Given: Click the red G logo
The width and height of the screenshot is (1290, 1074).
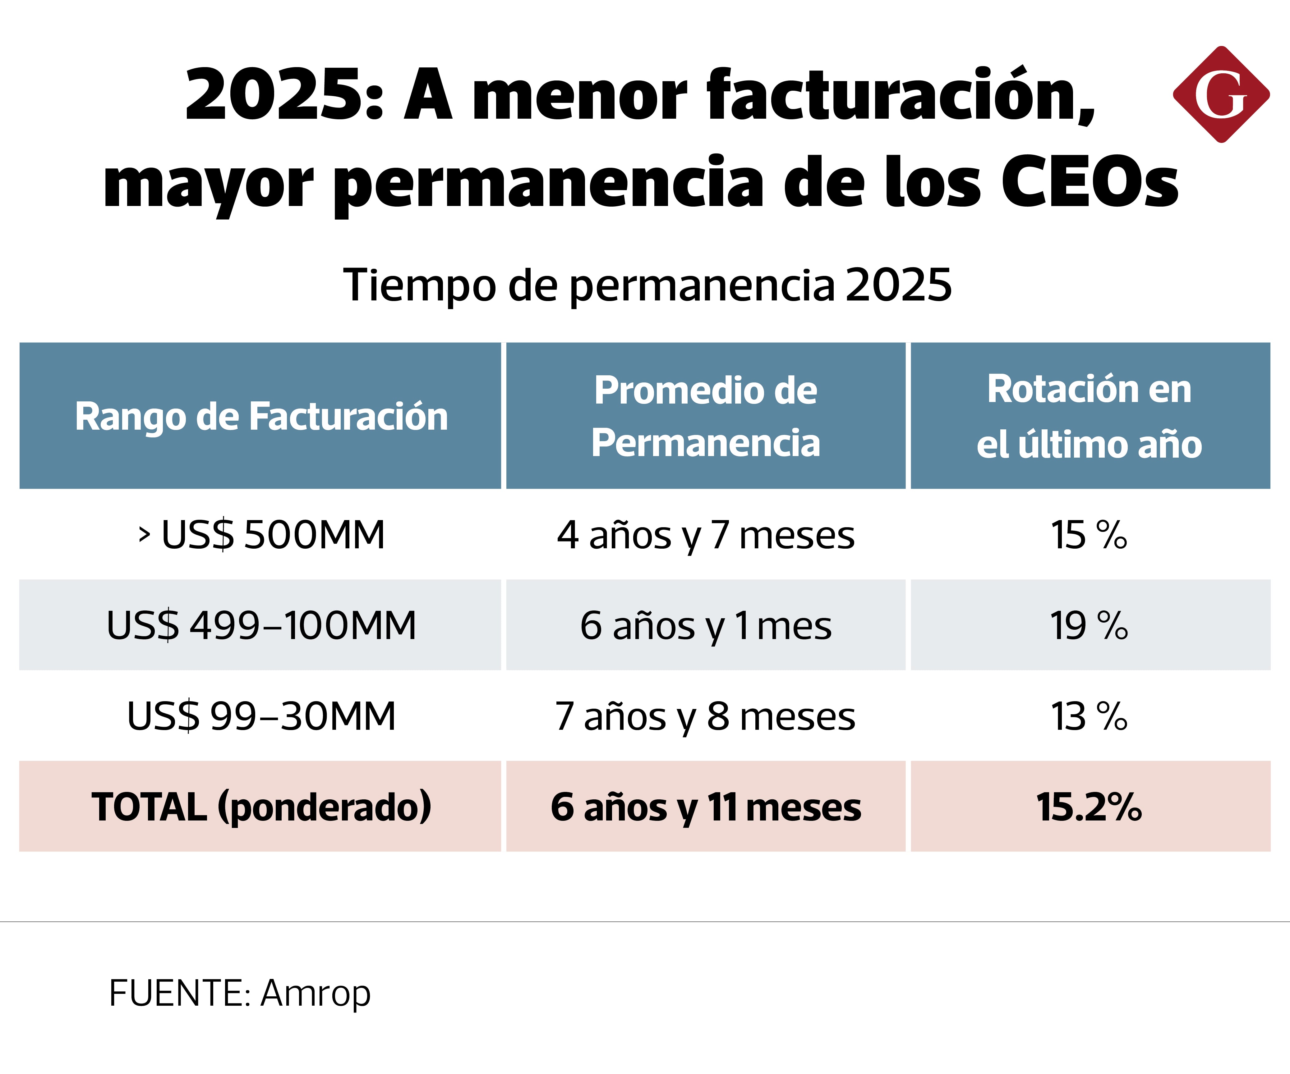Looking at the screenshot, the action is coord(1221,94).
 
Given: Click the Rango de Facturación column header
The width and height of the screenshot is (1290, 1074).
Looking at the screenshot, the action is coord(261,416).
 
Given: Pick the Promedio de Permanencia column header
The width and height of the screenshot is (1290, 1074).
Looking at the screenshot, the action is coord(706,416).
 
